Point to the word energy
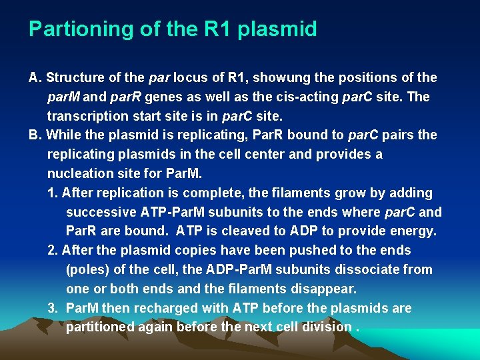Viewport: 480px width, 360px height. pos(413,231)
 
